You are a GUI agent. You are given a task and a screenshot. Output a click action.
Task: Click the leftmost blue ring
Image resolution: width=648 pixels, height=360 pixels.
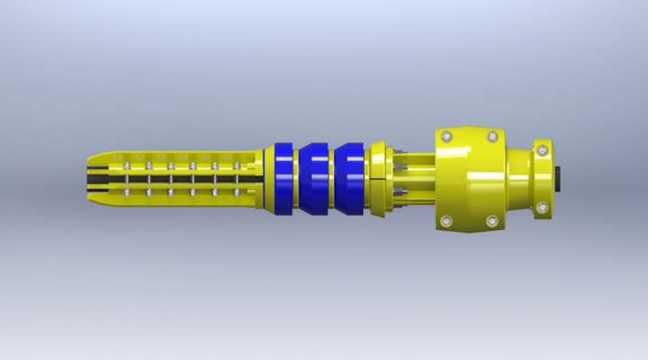(284, 178)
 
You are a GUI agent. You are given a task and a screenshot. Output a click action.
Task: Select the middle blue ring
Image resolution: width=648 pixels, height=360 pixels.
(316, 178)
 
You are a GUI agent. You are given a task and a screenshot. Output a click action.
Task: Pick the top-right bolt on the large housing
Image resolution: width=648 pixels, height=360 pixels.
(492, 137)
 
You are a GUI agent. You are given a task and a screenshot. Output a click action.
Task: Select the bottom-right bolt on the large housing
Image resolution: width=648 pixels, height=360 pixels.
(492, 220)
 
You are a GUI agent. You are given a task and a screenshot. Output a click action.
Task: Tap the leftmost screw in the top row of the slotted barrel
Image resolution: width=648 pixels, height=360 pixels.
(127, 166)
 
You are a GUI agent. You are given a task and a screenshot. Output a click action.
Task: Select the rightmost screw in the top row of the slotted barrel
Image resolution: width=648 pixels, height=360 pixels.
(237, 166)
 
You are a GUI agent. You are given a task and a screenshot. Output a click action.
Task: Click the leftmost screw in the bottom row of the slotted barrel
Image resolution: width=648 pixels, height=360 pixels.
(127, 191)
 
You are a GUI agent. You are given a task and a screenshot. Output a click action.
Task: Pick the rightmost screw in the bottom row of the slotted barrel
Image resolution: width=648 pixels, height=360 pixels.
(237, 191)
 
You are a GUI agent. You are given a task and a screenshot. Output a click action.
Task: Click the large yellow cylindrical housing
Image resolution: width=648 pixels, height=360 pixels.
(468, 178)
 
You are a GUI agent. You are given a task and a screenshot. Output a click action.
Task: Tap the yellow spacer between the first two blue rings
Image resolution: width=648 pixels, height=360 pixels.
(300, 178)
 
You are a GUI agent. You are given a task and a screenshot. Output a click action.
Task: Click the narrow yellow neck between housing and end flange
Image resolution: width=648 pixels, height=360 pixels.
(519, 178)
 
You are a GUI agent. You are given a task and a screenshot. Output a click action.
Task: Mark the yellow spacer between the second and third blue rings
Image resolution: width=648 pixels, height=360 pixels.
(332, 178)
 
